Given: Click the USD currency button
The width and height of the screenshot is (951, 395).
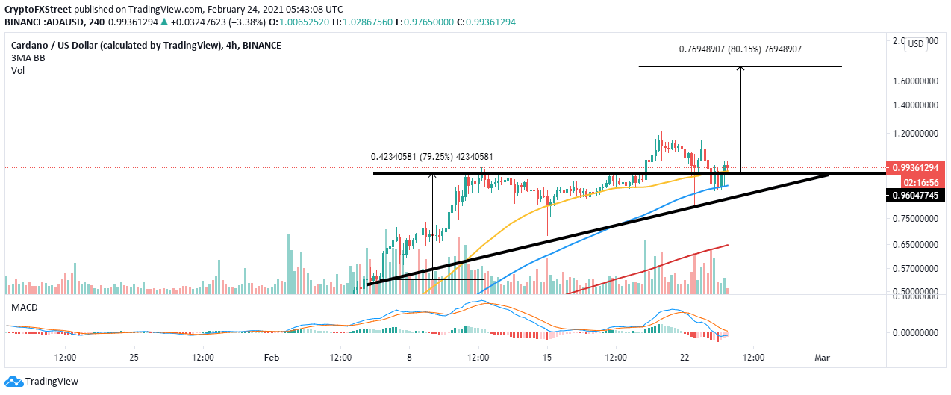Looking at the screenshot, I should tap(915, 43).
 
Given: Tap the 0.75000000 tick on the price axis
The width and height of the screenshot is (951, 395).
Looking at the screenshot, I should tap(915, 219).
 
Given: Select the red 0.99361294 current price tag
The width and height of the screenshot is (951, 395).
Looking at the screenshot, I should tap(915, 169).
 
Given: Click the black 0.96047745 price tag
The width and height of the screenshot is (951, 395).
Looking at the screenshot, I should tap(915, 196).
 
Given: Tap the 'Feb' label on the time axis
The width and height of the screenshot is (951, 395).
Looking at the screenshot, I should tap(271, 357).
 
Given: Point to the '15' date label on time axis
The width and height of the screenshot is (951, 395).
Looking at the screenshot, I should tap(547, 357).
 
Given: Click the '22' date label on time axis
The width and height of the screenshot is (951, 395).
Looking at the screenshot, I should tap(685, 357).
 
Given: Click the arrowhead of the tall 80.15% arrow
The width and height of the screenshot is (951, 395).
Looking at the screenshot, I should tap(740, 69).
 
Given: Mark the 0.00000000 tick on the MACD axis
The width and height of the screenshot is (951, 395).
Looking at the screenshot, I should tap(915, 332).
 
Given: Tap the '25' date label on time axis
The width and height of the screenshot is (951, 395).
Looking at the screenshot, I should tap(134, 357).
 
